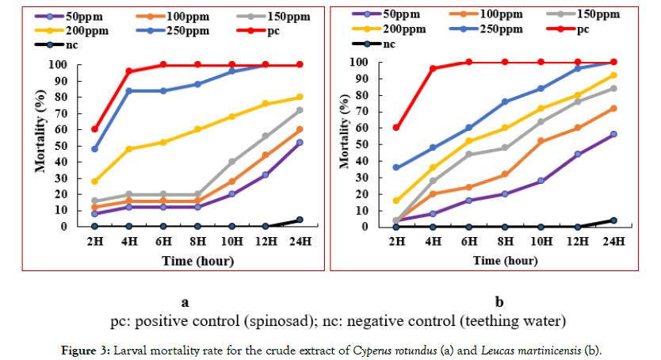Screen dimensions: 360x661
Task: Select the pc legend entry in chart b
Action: (573, 28)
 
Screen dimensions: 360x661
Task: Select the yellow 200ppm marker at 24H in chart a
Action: (299, 97)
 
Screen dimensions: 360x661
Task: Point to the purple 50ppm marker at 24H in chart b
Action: (613, 134)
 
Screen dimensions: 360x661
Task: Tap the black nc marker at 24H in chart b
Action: (613, 220)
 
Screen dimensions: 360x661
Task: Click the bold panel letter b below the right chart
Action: (499, 301)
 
